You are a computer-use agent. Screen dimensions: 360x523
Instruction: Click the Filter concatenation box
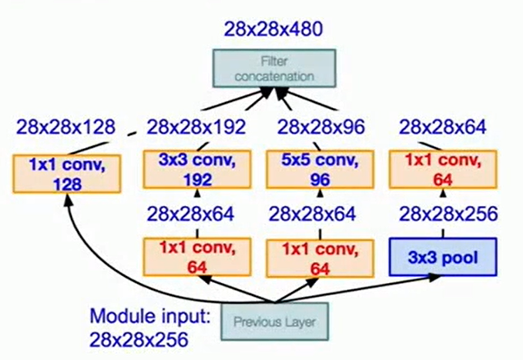274,67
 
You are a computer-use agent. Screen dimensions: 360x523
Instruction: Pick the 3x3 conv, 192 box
189,169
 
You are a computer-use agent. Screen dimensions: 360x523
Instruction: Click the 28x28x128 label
65,128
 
